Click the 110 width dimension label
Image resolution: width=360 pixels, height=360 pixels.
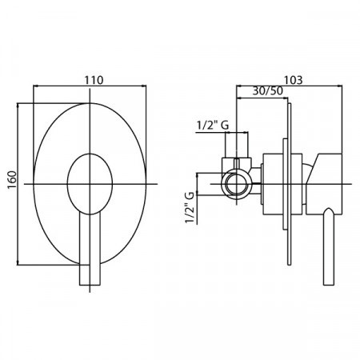click(94, 80)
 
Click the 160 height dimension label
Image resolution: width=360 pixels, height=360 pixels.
click(12, 180)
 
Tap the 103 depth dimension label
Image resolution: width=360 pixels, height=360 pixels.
click(294, 80)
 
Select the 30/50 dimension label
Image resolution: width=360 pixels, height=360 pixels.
click(267, 91)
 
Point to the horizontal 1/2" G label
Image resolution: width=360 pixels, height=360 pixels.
click(213, 126)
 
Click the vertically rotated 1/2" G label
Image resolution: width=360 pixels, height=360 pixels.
click(190, 208)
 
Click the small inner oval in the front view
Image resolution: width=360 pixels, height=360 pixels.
click(90, 184)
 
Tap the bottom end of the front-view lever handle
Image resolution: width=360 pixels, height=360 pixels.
click(90, 286)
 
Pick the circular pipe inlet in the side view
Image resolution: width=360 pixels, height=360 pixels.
click(237, 184)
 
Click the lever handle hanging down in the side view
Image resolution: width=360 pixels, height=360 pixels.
click(328, 246)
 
